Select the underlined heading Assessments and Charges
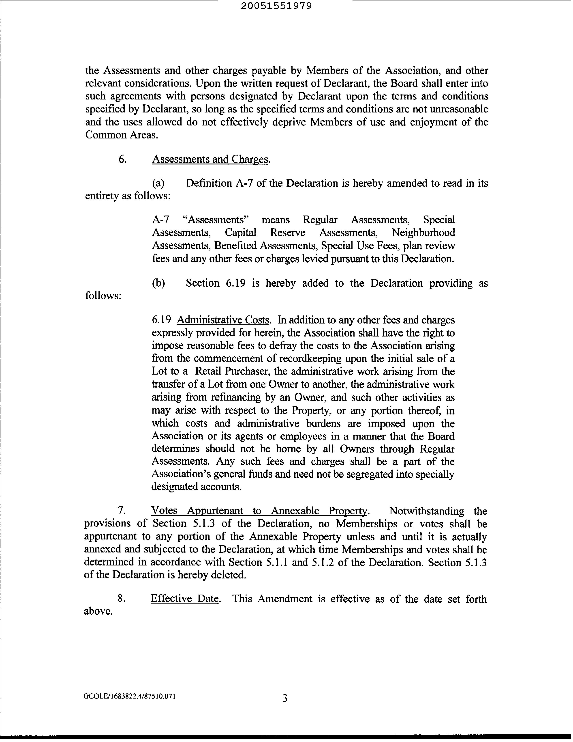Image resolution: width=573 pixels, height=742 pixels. click(x=210, y=159)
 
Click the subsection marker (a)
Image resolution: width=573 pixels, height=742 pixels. click(x=158, y=183)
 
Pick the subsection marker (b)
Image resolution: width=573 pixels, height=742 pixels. click(x=158, y=283)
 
